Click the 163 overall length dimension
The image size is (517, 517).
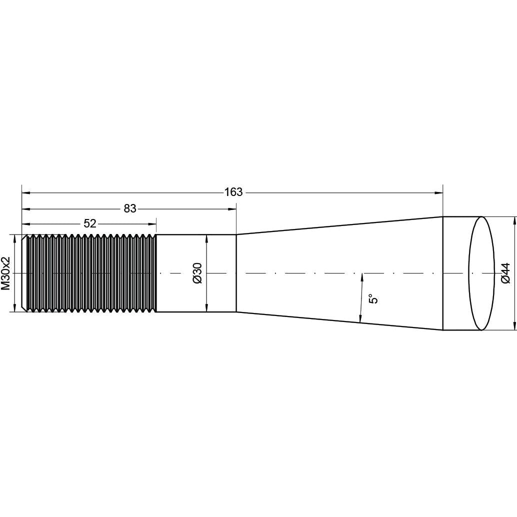[233, 192]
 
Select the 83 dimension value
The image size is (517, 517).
[130, 208]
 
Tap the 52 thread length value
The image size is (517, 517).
[90, 223]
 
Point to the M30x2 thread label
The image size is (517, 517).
[6, 273]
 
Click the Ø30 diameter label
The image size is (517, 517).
[197, 273]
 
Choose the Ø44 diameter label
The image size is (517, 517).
[505, 273]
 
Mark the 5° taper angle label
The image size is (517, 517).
[373, 299]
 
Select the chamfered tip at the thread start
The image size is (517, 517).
[24, 273]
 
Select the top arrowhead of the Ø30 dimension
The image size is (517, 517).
[206, 238]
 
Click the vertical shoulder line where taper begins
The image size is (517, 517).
[236, 273]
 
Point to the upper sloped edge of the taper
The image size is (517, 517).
[340, 225]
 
